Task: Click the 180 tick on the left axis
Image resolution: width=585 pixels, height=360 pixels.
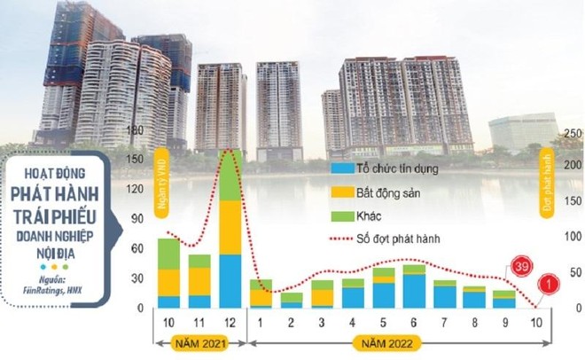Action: click(135, 131)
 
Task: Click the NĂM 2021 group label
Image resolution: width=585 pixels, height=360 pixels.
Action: click(198, 340)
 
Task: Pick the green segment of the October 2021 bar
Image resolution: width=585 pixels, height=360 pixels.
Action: click(168, 254)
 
